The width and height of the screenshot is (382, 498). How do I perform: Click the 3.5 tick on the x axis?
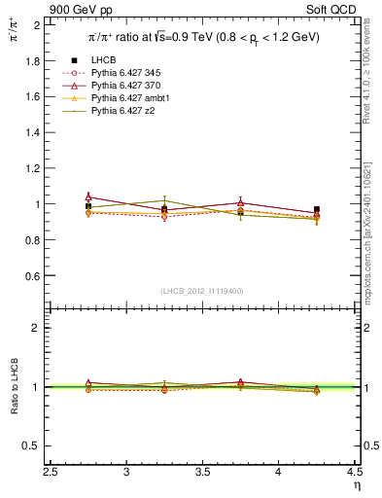202,473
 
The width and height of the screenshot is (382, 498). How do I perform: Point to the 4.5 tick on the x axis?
354,473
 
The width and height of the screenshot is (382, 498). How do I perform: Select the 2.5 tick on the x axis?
51,473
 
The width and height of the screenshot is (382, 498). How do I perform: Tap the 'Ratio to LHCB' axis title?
14,387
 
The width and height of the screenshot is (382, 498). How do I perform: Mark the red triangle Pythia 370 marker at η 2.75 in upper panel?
88,196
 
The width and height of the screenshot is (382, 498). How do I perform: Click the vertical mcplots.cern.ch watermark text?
372,233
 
